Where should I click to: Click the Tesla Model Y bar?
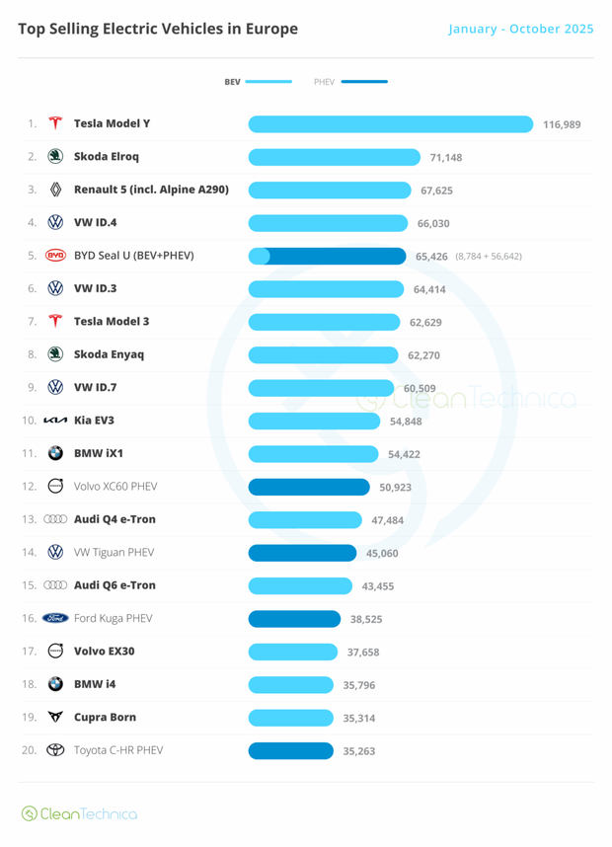(392, 124)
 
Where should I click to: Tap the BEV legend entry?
(258, 82)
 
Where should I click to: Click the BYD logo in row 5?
(55, 256)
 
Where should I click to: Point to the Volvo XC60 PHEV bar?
(308, 487)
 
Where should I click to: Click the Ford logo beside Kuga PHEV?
(55, 618)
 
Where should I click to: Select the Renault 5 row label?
(151, 190)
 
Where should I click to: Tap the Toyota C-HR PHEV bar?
(290, 750)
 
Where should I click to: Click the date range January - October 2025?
(520, 29)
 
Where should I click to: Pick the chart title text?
(158, 29)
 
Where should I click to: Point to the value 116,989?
(562, 125)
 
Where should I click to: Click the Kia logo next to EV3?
(55, 421)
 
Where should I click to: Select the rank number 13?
(30, 519)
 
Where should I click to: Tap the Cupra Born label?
(105, 717)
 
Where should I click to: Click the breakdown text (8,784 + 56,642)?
(489, 257)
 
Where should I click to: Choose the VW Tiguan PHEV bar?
(302, 553)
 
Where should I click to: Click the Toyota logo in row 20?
(55, 750)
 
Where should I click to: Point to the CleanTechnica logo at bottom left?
(79, 814)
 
